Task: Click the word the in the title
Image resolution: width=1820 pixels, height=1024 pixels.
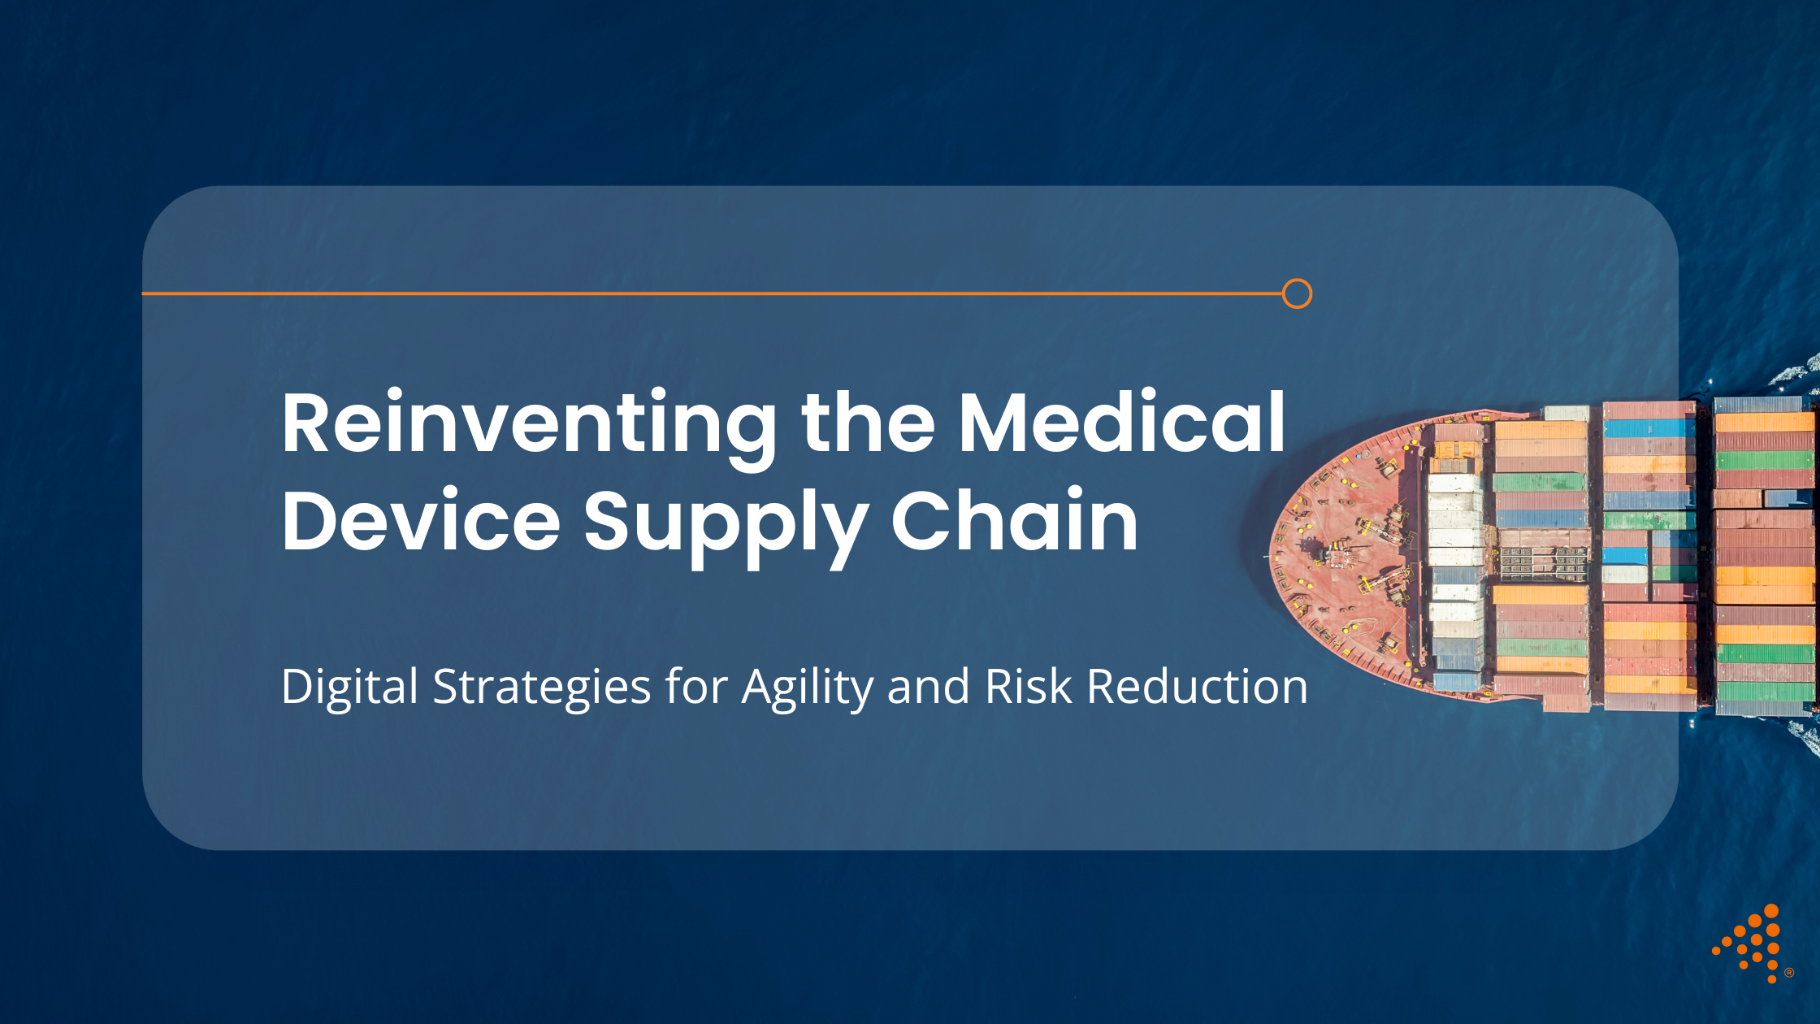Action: click(x=868, y=424)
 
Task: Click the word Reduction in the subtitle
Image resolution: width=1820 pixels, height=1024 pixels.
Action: click(x=1197, y=687)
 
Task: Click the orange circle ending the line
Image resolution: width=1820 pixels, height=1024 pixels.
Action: click(x=1297, y=293)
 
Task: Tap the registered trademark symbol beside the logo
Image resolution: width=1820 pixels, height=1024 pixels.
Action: click(x=1789, y=973)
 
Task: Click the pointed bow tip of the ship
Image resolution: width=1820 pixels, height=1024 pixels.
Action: click(x=1272, y=556)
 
